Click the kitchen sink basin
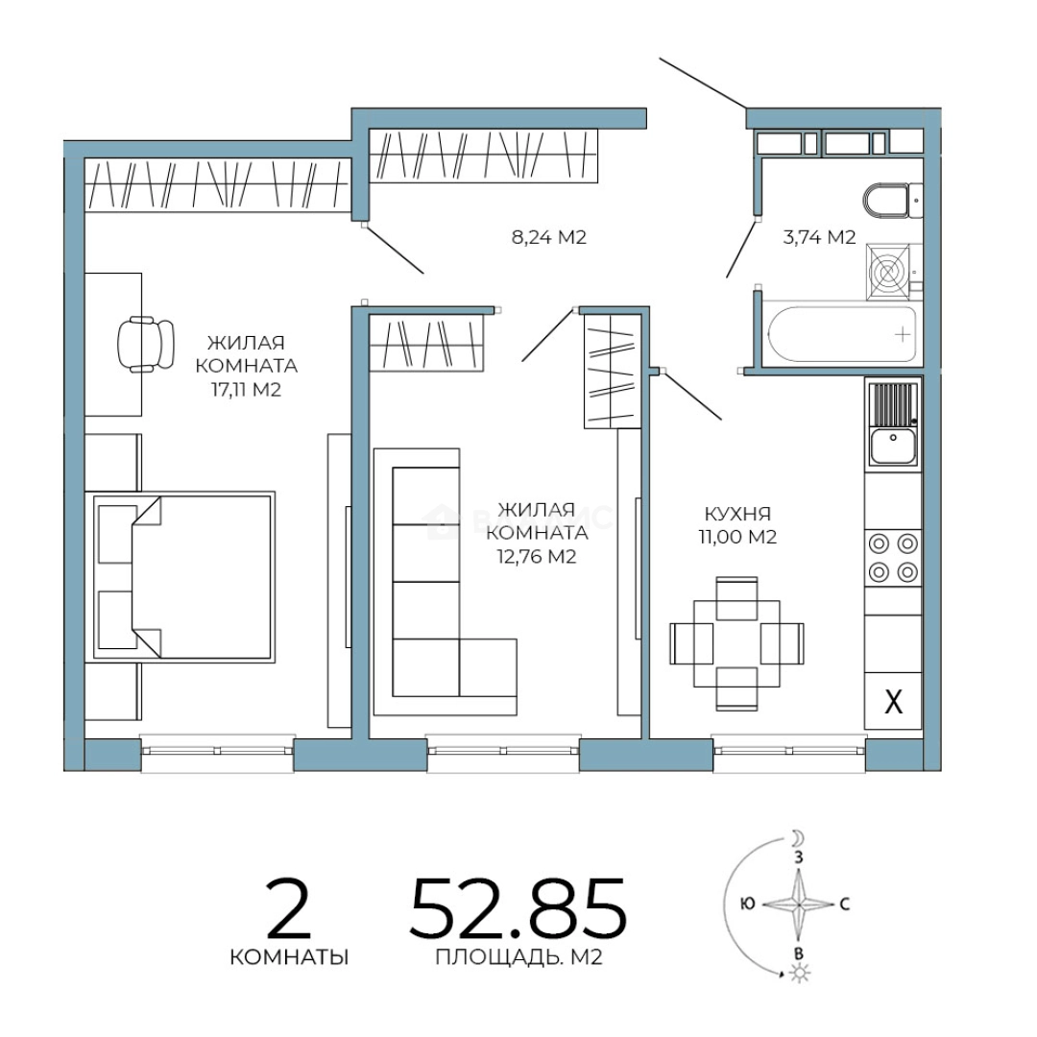point(893,446)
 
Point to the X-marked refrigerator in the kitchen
point(893,701)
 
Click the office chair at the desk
point(146,344)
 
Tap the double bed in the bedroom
point(183,576)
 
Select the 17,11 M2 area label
point(246,390)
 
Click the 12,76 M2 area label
point(537,557)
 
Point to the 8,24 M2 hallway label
point(549,237)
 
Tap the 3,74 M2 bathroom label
point(819,237)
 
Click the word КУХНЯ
point(737,514)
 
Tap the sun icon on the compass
point(801,972)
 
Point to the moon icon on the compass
point(798,838)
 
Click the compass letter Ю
point(747,904)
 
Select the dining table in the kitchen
point(736,642)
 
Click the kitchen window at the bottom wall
point(789,751)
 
